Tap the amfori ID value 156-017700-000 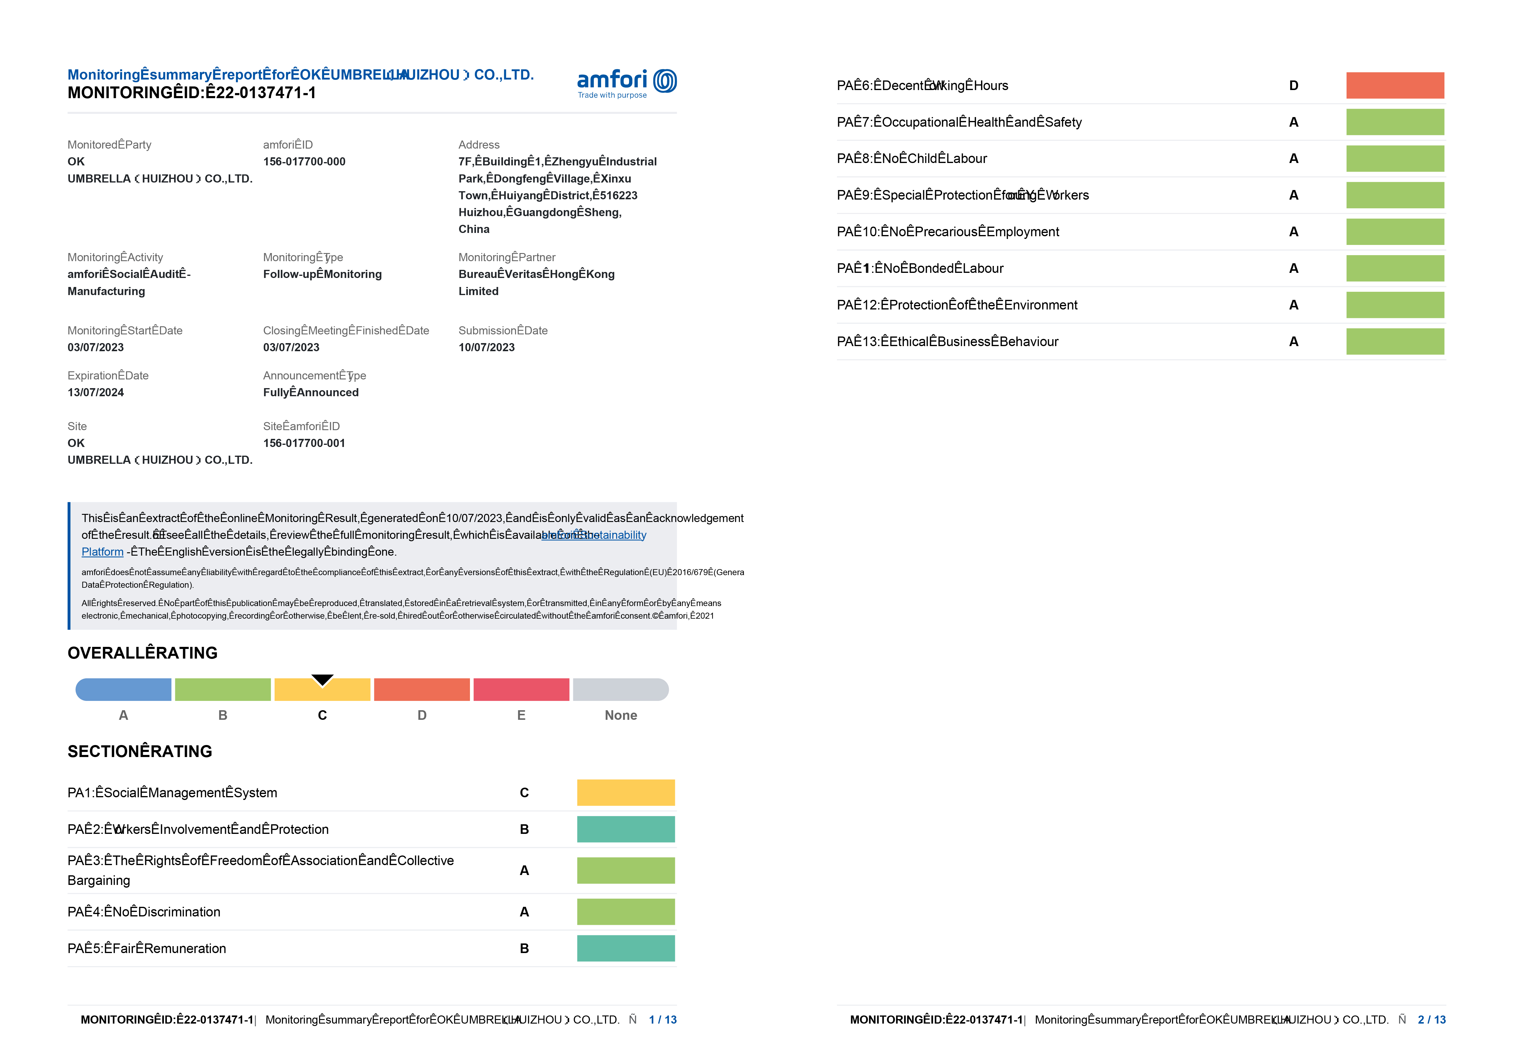(304, 161)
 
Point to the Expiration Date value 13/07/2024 (96, 392)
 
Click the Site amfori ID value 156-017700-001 (304, 443)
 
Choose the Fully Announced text (311, 392)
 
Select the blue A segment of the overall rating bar (123, 690)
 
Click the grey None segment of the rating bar (621, 690)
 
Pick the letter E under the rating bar (521, 715)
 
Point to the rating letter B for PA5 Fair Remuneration (524, 948)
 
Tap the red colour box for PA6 (1395, 86)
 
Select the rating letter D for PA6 (1293, 86)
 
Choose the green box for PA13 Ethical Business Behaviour (1395, 342)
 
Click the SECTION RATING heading (140, 752)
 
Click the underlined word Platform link (102, 552)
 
